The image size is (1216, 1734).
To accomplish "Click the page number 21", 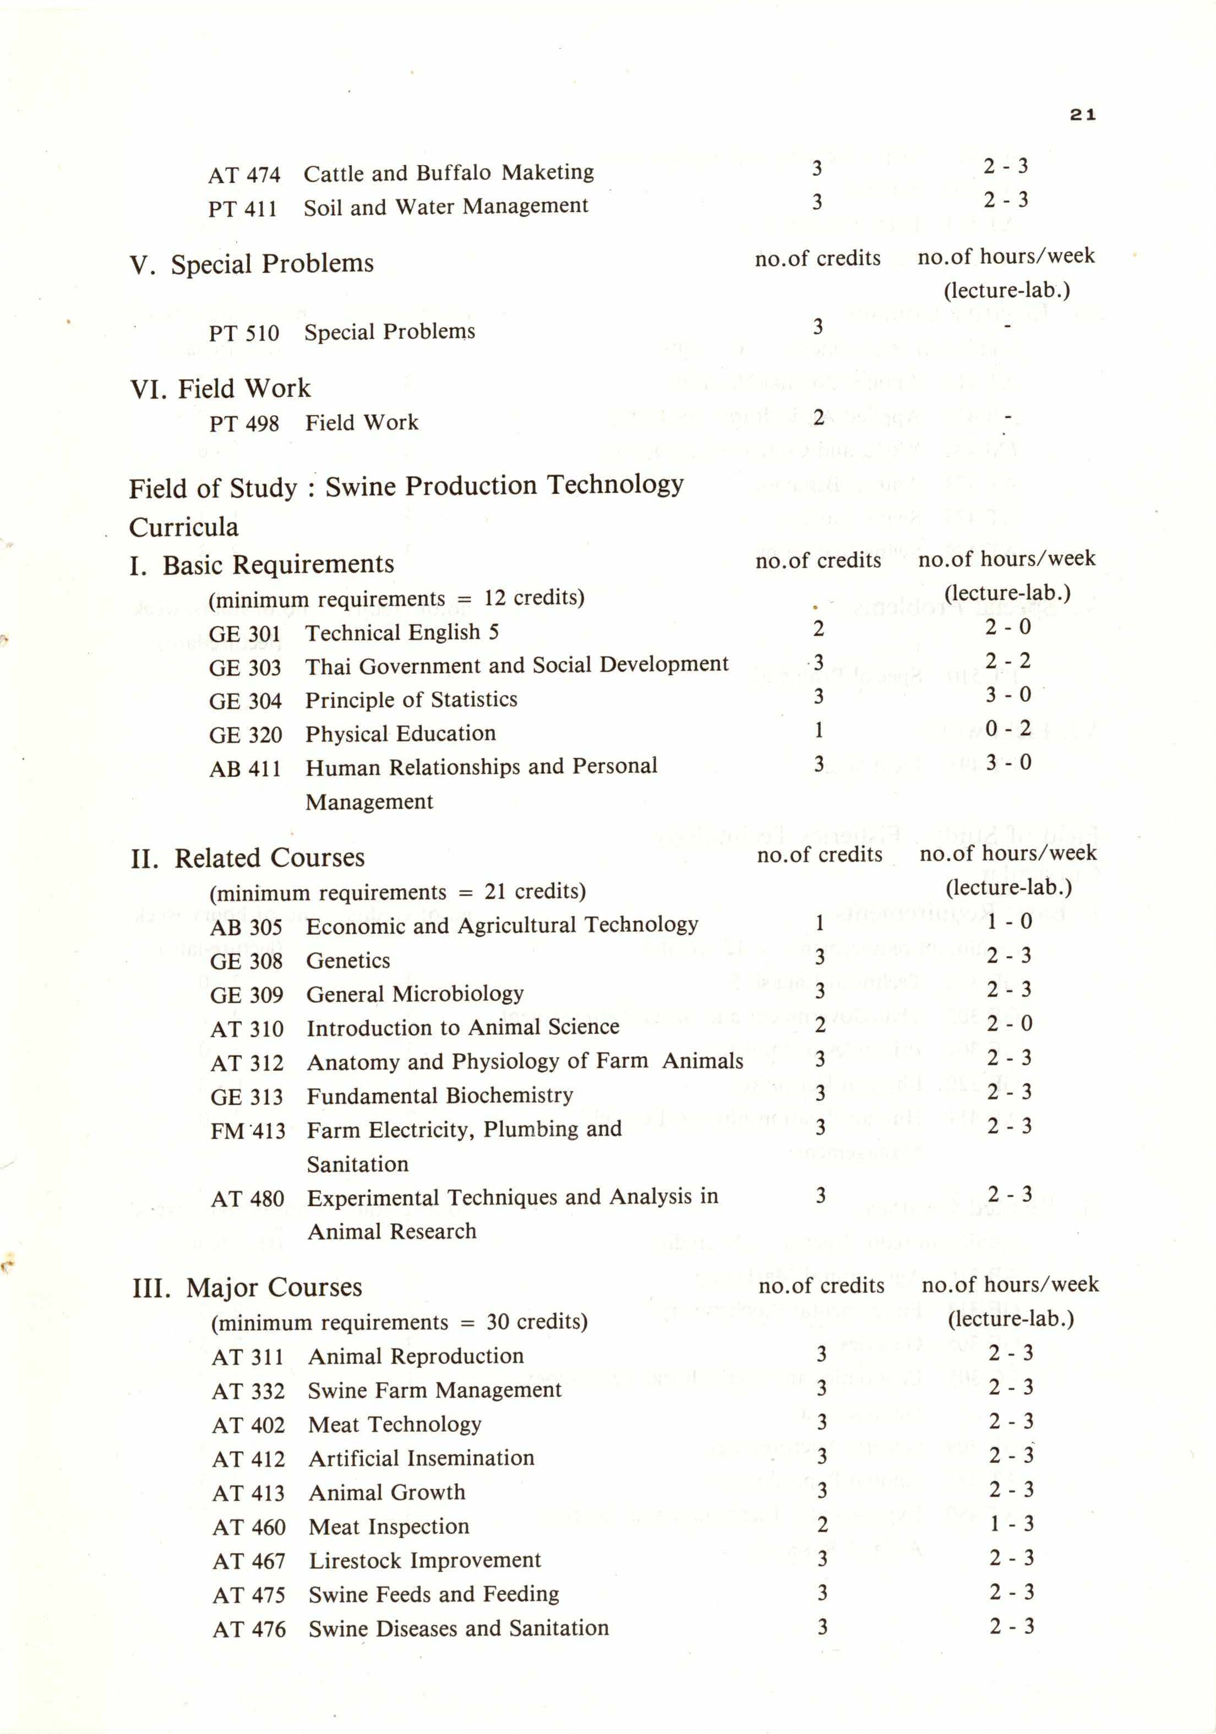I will pos(1082,115).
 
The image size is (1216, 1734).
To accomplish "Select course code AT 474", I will pos(244,175).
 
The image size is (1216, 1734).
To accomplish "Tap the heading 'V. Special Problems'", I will pos(252,264).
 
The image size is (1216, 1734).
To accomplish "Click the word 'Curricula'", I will pos(183,527).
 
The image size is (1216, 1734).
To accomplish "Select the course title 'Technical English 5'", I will pos(402,632).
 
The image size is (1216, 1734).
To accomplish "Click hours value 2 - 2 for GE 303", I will pos(1007,661).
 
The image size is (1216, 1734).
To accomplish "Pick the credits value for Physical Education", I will pos(819,730).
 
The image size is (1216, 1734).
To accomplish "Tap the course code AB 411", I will pos(245,769).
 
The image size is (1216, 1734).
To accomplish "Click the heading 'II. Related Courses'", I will pos(248,859).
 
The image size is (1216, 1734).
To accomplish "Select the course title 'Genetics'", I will pos(348,961).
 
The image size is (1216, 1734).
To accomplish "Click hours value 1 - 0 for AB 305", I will pos(1009,921).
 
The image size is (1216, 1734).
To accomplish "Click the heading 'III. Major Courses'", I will pos(248,1288).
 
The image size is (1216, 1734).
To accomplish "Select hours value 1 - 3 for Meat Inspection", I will pos(1011,1524).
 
